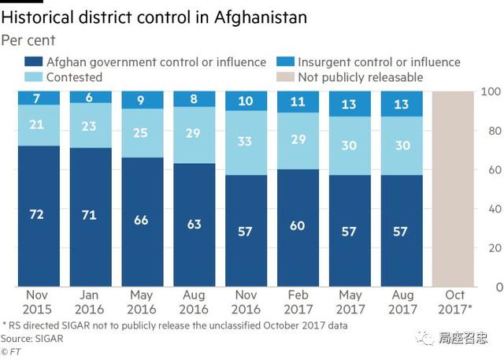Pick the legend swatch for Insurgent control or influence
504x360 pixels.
pos(287,62)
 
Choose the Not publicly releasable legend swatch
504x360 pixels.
pos(287,77)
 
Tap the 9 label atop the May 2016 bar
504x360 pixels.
pos(142,100)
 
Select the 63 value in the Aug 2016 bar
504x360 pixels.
pos(194,224)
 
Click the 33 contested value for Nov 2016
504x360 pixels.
pos(246,142)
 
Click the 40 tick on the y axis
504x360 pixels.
pos(491,209)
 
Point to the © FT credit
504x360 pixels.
pos(10,351)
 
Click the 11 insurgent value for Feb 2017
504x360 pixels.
pos(298,101)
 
